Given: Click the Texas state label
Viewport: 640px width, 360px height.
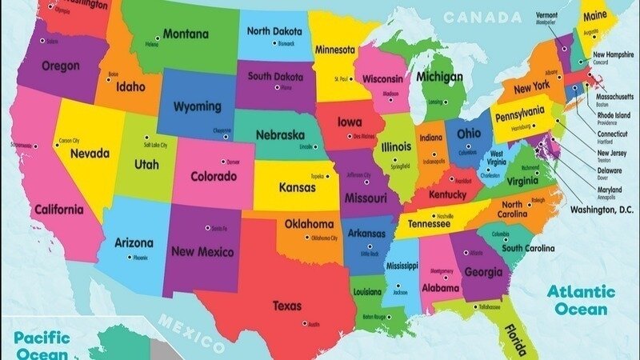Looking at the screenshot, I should (x=286, y=306).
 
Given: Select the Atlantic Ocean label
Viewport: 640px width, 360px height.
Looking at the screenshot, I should (x=582, y=299).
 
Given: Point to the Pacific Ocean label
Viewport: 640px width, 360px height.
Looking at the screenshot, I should (x=42, y=345).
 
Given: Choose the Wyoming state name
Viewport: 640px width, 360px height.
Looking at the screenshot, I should (x=198, y=106).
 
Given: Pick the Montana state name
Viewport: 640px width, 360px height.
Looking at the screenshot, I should (x=186, y=34).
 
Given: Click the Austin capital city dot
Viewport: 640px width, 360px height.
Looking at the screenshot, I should (x=305, y=323).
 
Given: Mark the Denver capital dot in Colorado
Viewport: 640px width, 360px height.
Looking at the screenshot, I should (x=225, y=162).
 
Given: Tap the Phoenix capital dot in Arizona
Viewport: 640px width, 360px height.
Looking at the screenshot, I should (x=130, y=258).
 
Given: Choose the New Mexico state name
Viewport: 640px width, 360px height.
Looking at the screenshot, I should (x=202, y=252).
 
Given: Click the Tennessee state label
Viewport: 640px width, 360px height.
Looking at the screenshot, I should (x=429, y=225).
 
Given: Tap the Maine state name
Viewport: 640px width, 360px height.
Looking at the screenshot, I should (x=595, y=16).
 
